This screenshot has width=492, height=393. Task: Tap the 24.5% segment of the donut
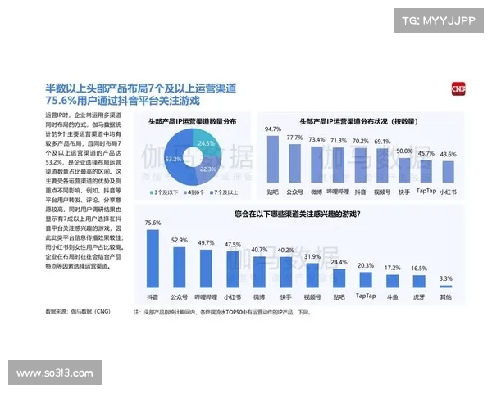205,147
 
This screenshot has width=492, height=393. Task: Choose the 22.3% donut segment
205,171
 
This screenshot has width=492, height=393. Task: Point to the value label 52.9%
180,240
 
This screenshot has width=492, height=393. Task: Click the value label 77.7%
295,138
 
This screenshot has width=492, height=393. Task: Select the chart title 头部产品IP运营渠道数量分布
192,121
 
